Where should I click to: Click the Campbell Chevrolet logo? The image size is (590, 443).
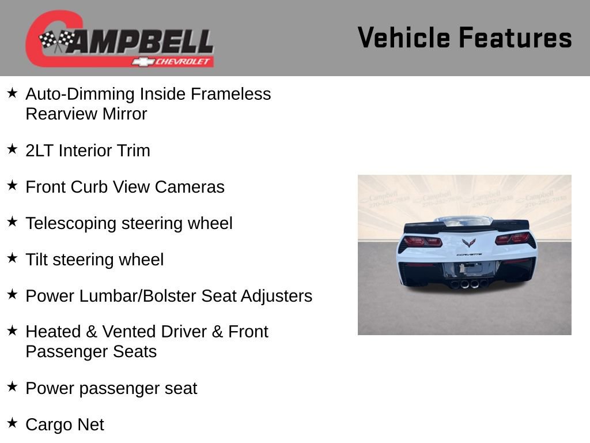(120, 39)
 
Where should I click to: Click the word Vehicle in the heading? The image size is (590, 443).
(403, 38)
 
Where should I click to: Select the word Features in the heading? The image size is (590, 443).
(515, 38)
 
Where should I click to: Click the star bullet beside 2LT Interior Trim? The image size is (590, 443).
(12, 149)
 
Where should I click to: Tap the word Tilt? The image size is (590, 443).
(36, 260)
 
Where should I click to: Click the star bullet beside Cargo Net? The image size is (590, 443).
(12, 423)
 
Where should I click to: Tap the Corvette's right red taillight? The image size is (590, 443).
(513, 238)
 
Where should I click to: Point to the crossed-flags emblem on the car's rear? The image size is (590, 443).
(469, 243)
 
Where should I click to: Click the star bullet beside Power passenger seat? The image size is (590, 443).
(12, 387)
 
